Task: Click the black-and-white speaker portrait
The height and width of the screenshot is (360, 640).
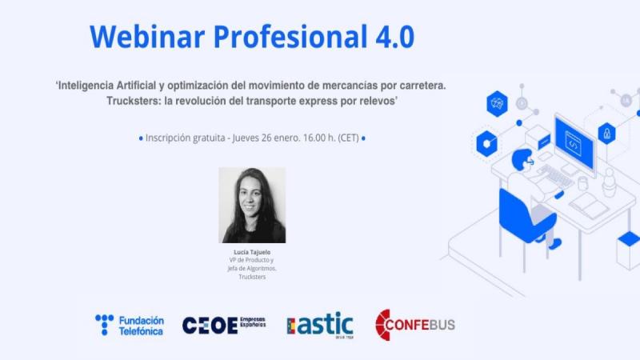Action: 252,206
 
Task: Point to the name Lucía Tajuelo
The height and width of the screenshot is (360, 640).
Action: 252,252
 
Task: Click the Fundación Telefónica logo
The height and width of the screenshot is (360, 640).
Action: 130,325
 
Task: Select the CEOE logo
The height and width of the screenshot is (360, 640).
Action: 224,325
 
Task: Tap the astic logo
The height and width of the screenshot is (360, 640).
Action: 319,325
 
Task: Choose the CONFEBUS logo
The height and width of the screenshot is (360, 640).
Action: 414,325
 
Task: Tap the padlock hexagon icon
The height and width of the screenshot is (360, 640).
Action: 607,132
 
